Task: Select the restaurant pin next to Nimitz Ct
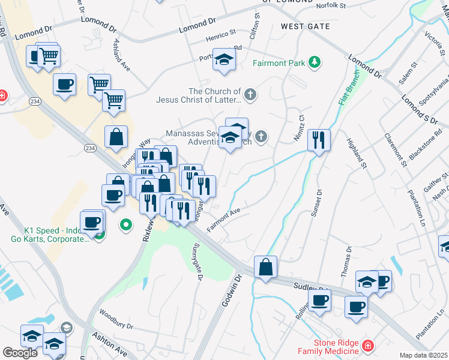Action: point(318,140)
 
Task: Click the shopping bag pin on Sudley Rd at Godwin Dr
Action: point(265,267)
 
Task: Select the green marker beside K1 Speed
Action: point(126,225)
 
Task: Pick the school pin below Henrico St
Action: point(224,59)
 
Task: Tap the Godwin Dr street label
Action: point(230,292)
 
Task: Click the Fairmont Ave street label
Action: point(223,220)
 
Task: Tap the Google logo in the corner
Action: point(20,352)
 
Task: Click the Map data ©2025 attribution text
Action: point(424,355)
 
